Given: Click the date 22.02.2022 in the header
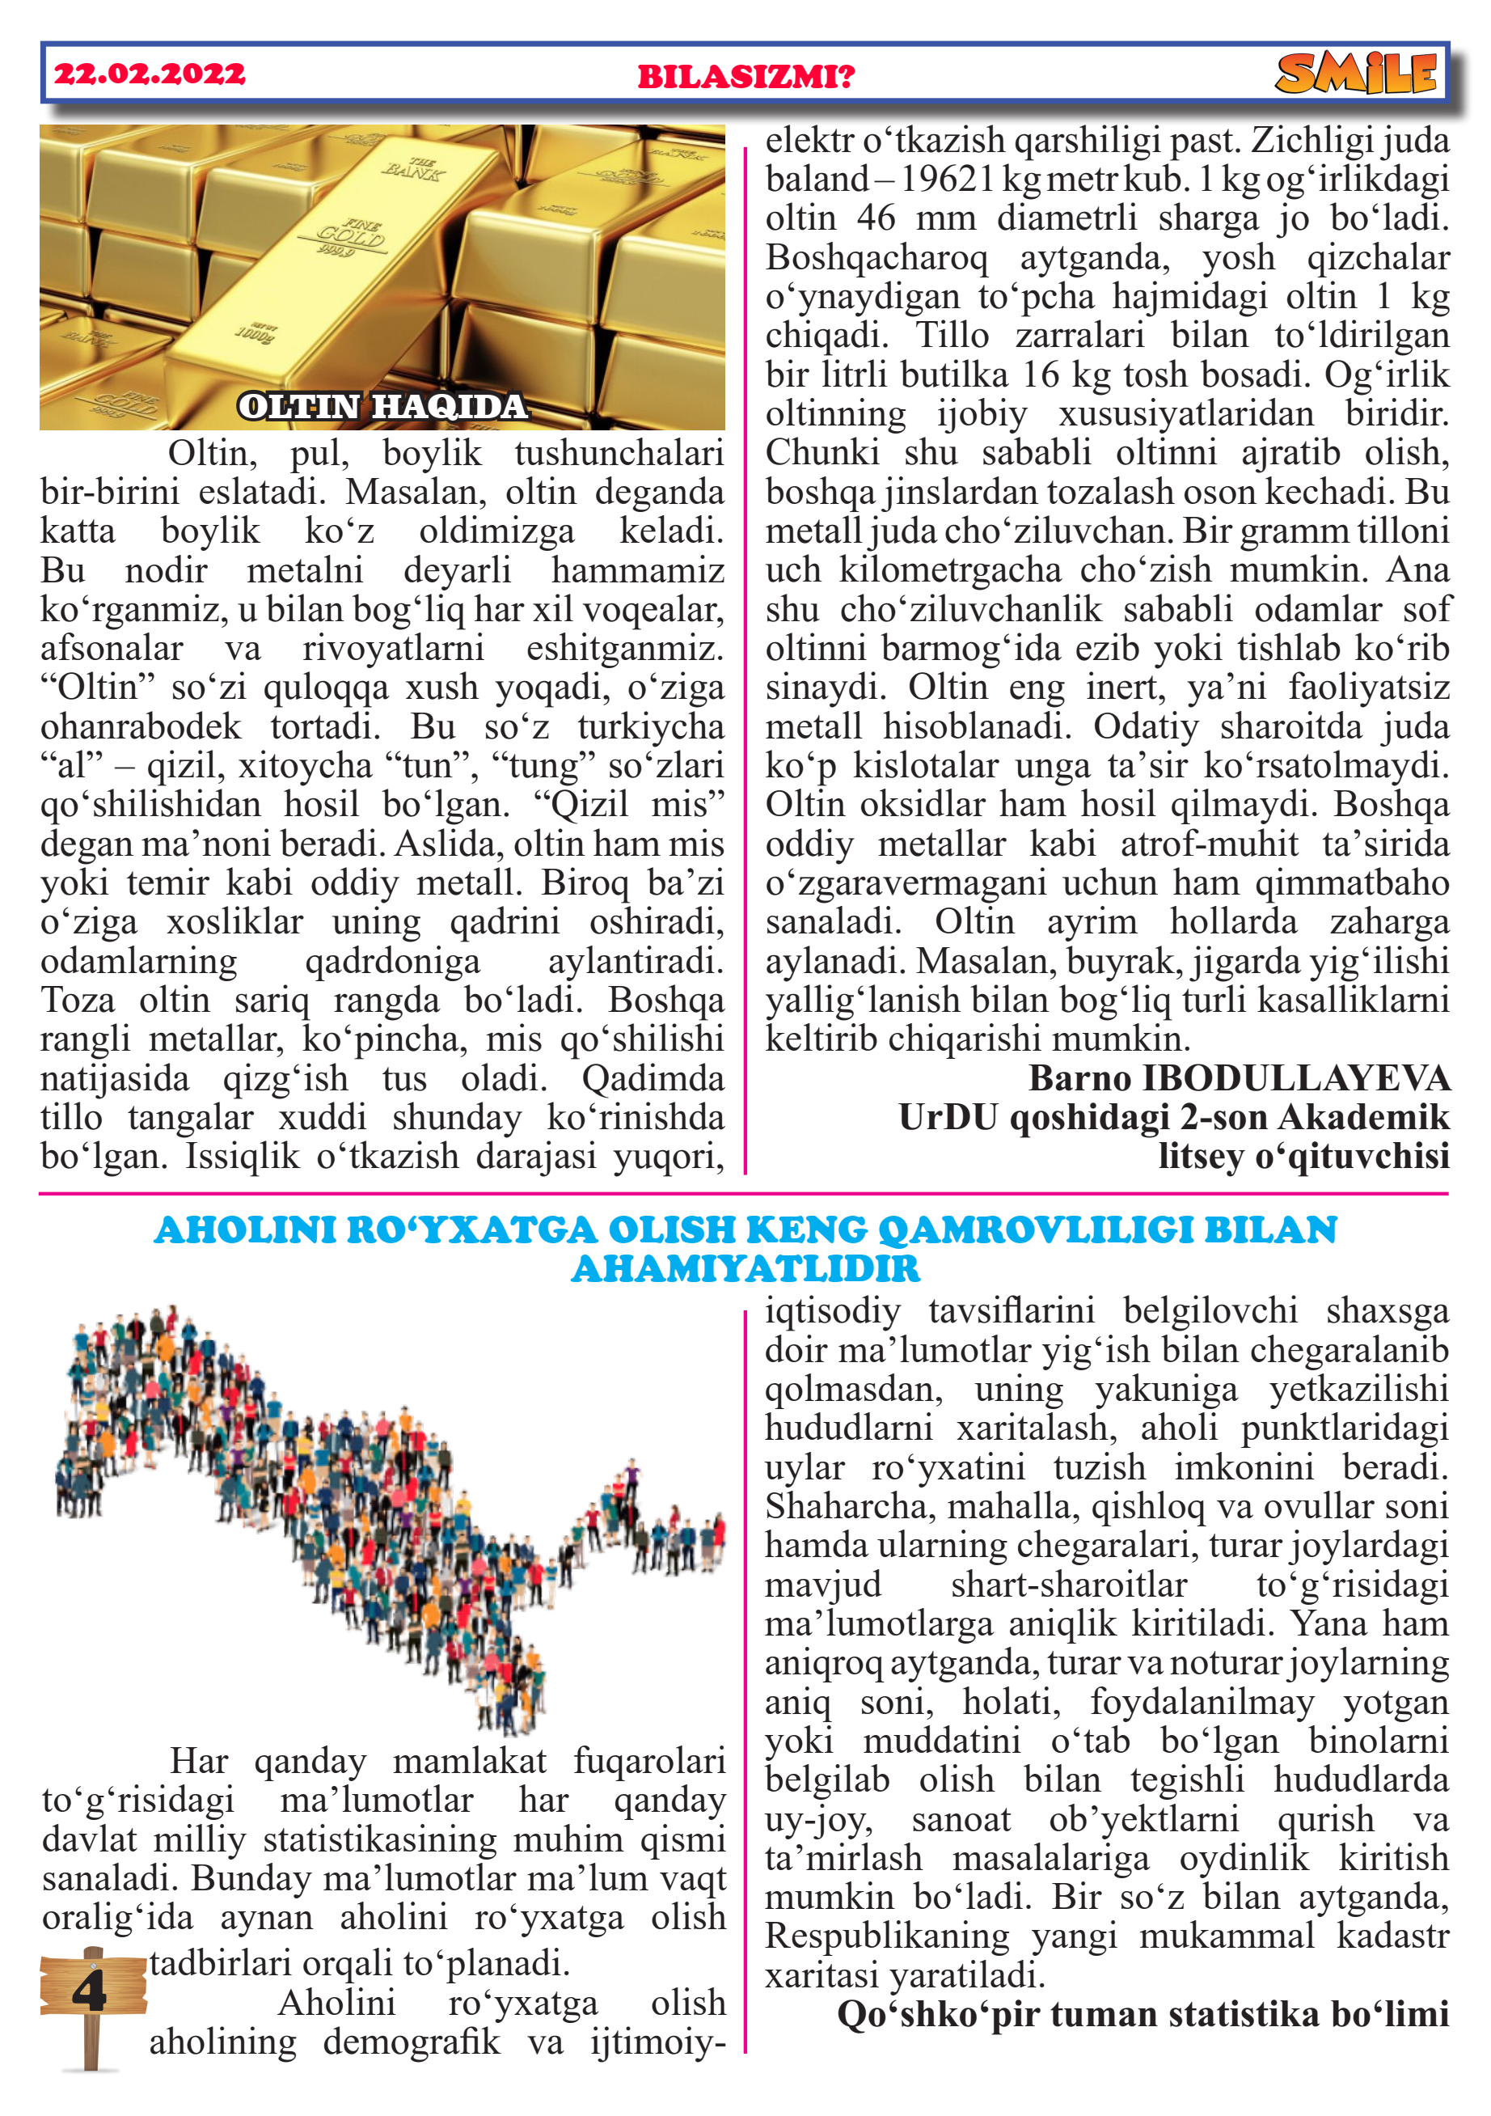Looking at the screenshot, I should [150, 74].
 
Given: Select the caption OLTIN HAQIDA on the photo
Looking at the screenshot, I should [382, 406].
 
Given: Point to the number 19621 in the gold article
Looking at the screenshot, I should [949, 180].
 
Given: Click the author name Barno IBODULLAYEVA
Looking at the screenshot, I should [1239, 1078].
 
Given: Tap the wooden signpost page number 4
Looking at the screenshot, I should [90, 1993].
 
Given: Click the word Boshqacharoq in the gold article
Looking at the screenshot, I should [876, 258].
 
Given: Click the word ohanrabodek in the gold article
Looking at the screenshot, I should [140, 727].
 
